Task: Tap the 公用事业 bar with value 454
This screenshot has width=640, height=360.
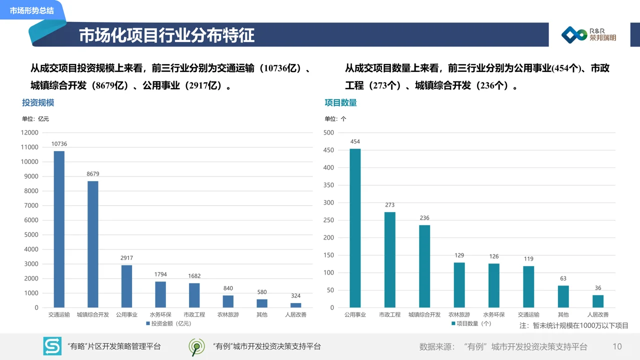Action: tap(355, 228)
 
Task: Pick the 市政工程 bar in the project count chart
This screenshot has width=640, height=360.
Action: tap(389, 259)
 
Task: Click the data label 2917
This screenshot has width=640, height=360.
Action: tap(126, 258)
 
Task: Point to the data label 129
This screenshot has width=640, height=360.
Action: tap(459, 255)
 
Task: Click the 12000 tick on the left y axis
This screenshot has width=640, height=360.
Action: tap(29, 132)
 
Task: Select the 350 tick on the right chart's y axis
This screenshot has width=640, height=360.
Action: tap(328, 185)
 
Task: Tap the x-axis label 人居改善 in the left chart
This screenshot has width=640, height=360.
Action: tap(295, 315)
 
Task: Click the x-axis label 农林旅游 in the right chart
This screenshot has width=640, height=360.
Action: tap(459, 315)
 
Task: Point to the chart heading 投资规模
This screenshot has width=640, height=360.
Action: tap(38, 102)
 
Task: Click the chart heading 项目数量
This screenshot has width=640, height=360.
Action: tap(340, 102)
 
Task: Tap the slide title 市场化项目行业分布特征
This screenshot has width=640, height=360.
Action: tap(166, 35)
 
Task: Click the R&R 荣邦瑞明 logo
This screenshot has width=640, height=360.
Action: tap(588, 34)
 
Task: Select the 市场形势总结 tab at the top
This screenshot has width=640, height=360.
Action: tap(31, 10)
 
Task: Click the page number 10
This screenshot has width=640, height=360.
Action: tap(617, 346)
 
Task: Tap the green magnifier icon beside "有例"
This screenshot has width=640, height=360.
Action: tap(196, 346)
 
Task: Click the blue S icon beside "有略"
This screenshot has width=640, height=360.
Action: tap(52, 346)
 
